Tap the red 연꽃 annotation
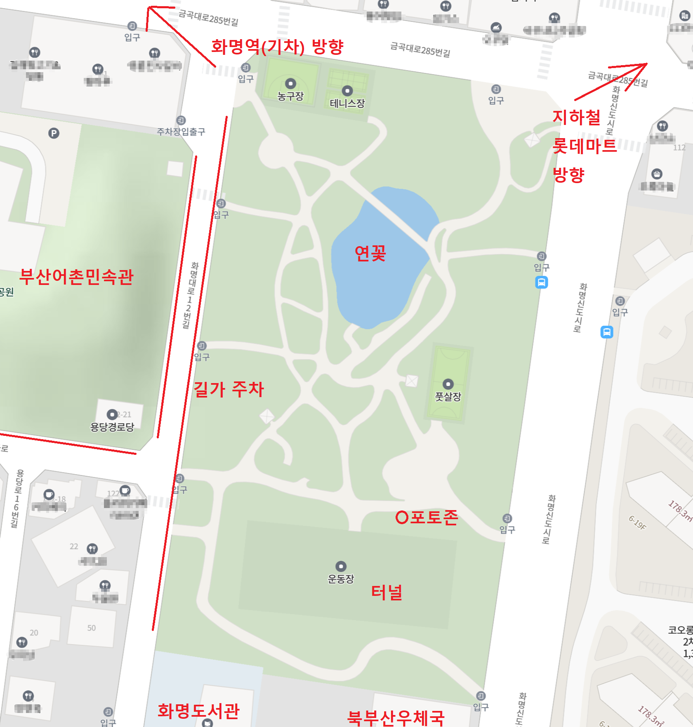pyautogui.click(x=370, y=253)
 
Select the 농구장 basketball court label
pyautogui.click(x=290, y=96)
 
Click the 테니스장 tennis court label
pyautogui.click(x=347, y=104)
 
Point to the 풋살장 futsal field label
pyautogui.click(x=448, y=397)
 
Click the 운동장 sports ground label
pyautogui.click(x=341, y=579)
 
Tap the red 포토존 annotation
pyautogui.click(x=427, y=517)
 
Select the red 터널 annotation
pyautogui.click(x=387, y=592)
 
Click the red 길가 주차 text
pyautogui.click(x=229, y=389)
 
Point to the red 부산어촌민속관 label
pyautogui.click(x=77, y=277)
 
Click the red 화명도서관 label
pyautogui.click(x=198, y=711)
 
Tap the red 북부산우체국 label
pyautogui.click(x=396, y=718)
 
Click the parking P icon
pyautogui.click(x=54, y=133)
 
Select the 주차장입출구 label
pyautogui.click(x=181, y=132)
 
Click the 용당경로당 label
pyautogui.click(x=112, y=427)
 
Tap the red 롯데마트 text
pyautogui.click(x=584, y=146)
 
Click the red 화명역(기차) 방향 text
pyautogui.click(x=277, y=47)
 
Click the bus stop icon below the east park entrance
pyautogui.click(x=542, y=282)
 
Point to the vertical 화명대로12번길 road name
pyautogui.click(x=190, y=295)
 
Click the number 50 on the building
pyautogui.click(x=91, y=628)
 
